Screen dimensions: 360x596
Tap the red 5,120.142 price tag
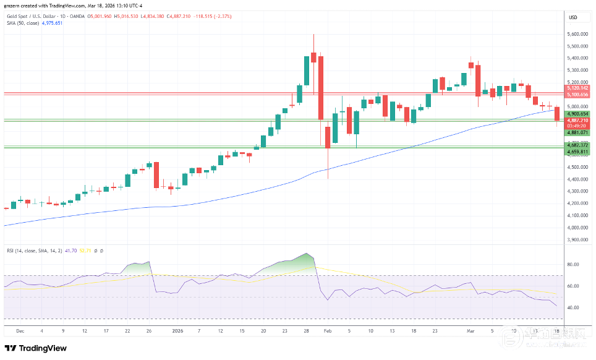pos(577,88)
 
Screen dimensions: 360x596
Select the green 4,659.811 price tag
pos(577,152)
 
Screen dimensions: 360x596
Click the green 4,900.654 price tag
pos(577,114)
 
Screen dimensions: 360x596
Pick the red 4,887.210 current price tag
pos(577,120)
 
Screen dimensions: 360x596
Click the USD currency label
pos(573,17)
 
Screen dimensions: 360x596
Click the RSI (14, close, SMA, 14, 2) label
pos(40,251)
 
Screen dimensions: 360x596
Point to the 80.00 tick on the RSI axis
pos(574,265)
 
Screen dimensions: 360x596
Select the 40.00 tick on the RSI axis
pos(574,308)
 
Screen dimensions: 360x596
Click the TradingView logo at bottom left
pos(36,348)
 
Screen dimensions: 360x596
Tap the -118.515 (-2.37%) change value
pos(211,16)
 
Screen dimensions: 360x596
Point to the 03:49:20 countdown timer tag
pos(577,126)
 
